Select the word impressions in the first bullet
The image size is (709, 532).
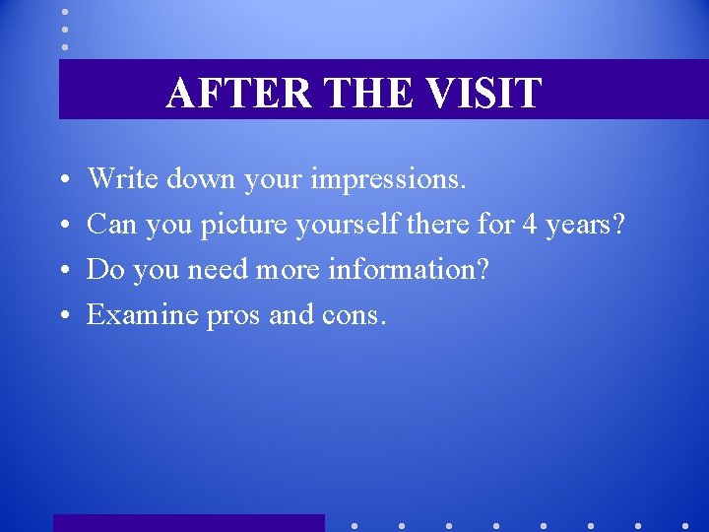pyautogui.click(x=388, y=180)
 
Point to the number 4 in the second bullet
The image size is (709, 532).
pyautogui.click(x=529, y=225)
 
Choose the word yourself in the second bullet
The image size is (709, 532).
pyautogui.click(x=349, y=225)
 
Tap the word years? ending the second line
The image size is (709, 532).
pyautogui.click(x=586, y=226)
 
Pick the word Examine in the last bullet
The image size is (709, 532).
pyautogui.click(x=143, y=314)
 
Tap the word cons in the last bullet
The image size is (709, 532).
pyautogui.click(x=354, y=315)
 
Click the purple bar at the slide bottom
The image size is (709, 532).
pyautogui.click(x=188, y=523)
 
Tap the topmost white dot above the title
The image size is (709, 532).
pyautogui.click(x=65, y=12)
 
